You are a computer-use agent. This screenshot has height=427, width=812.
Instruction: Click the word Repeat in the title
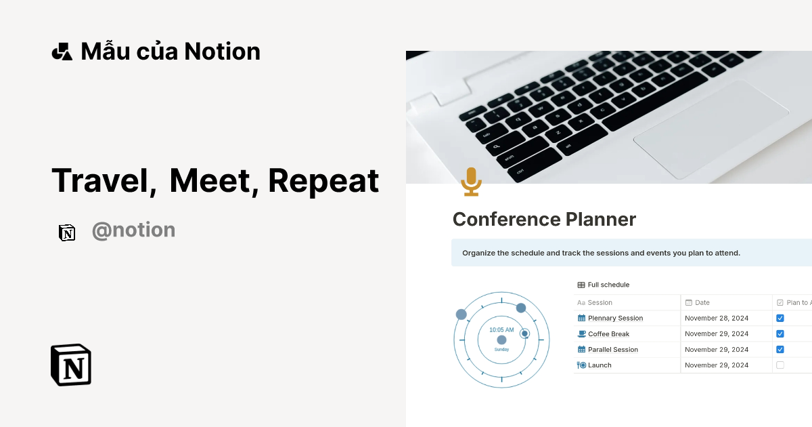point(323,180)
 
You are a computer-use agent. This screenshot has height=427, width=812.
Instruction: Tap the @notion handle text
point(133,230)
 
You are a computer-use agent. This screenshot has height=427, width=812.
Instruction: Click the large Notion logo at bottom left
point(71,365)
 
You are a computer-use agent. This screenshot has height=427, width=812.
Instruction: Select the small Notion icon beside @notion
point(67,232)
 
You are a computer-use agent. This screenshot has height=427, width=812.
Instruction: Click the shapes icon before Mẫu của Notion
point(62,52)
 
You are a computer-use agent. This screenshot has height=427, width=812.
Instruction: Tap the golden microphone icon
point(471,182)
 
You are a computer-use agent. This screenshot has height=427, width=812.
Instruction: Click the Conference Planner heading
point(544,220)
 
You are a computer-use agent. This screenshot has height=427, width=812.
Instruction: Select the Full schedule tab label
point(608,285)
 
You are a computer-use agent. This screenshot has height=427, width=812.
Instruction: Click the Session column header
point(600,302)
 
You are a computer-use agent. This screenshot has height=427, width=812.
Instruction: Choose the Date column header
point(702,302)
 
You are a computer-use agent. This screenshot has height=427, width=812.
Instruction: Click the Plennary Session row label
point(615,318)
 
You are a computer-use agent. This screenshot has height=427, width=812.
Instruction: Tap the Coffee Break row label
point(608,333)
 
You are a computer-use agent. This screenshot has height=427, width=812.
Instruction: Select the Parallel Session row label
point(612,350)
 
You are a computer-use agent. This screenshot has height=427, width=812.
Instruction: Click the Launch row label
point(600,365)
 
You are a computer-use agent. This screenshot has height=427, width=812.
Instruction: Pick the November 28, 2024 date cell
point(717,318)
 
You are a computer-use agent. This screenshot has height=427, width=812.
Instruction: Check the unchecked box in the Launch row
point(780,365)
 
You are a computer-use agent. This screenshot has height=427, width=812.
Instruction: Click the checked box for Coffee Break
point(780,333)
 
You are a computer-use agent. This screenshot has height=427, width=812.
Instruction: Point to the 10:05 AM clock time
point(501,330)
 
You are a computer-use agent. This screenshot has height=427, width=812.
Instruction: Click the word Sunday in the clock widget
point(501,350)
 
